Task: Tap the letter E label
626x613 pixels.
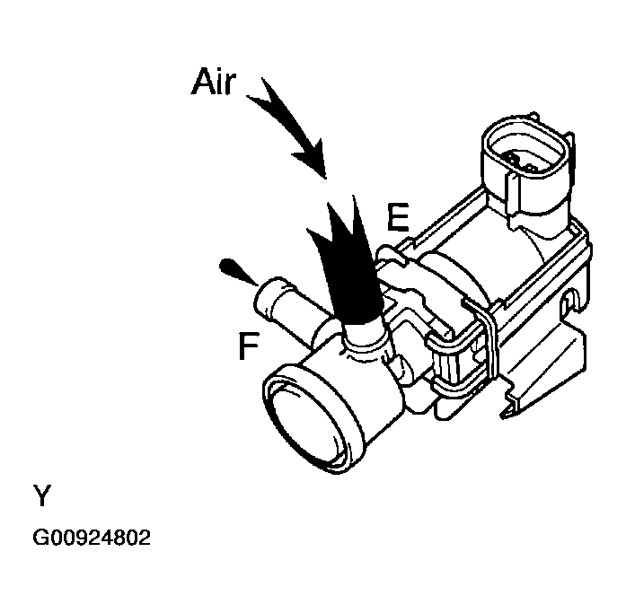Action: tap(398, 217)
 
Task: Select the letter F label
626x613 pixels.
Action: tap(250, 345)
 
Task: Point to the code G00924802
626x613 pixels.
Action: tap(92, 539)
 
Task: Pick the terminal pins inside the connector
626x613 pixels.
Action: tap(522, 162)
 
